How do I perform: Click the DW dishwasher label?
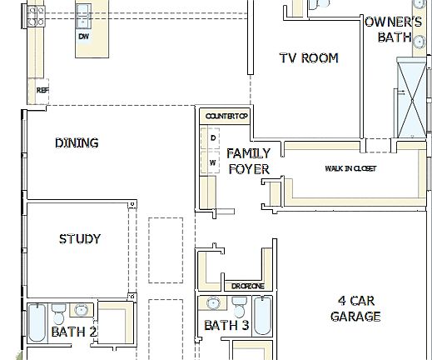click(83, 37)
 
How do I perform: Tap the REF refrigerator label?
click(42, 89)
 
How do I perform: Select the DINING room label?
click(77, 142)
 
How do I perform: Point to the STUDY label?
click(80, 239)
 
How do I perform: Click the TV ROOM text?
click(309, 58)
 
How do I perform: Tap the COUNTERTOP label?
click(227, 116)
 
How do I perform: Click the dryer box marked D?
click(213, 137)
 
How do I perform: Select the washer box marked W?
click(213, 161)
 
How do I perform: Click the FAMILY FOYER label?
click(248, 161)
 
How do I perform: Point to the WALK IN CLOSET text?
click(350, 168)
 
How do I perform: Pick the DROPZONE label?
click(248, 286)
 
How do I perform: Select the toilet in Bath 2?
click(58, 315)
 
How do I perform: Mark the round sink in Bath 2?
click(81, 311)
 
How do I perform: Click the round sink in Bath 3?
click(214, 304)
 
